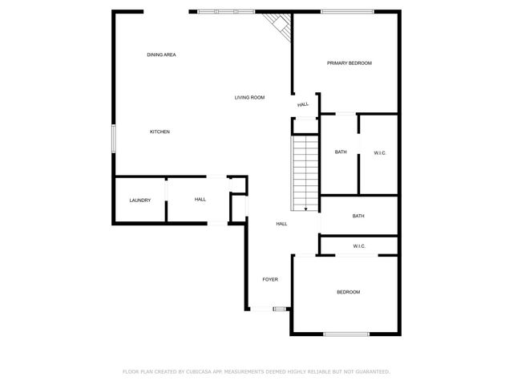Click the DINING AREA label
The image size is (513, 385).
pyautogui.click(x=161, y=55)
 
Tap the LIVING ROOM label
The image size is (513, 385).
pyautogui.click(x=249, y=98)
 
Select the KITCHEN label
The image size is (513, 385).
pyautogui.click(x=160, y=132)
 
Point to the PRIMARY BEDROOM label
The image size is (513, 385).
pyautogui.click(x=349, y=63)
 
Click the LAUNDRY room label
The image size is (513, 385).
pyautogui.click(x=140, y=200)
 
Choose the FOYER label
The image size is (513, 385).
pyautogui.click(x=270, y=279)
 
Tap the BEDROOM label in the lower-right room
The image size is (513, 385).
pyautogui.click(x=348, y=292)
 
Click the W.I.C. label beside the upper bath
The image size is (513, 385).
pyautogui.click(x=380, y=152)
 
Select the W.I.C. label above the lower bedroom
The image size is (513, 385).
pyautogui.click(x=359, y=246)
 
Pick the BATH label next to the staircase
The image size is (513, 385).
pyautogui.click(x=341, y=152)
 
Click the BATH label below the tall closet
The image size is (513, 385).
pyautogui.click(x=358, y=216)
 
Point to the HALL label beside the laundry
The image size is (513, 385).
pyautogui.click(x=200, y=200)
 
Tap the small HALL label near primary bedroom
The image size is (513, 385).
pyautogui.click(x=303, y=104)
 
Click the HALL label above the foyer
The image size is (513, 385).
pyautogui.click(x=281, y=224)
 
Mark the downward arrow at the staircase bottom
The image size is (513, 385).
pyautogui.click(x=305, y=207)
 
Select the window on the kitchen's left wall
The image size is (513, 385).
pyautogui.click(x=114, y=138)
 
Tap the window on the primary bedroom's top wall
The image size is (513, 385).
pyautogui.click(x=346, y=11)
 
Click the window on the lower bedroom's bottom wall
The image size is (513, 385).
pyautogui.click(x=346, y=334)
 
